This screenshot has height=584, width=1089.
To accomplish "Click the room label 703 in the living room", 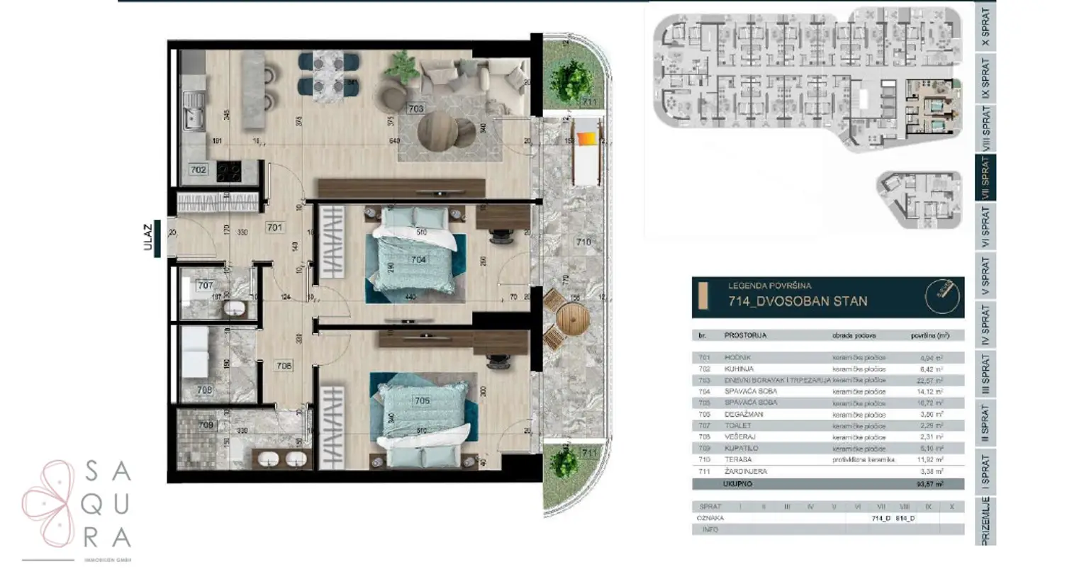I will click(415, 108).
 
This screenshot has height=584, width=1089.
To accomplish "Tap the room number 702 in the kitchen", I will click(199, 170).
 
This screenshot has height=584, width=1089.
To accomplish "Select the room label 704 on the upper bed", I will click(418, 259).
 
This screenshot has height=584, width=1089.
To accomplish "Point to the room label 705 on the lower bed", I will click(422, 400).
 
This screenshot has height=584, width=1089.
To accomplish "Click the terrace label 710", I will click(583, 242).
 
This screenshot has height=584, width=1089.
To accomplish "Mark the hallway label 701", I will click(274, 228).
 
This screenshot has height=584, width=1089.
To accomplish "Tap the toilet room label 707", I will click(205, 286).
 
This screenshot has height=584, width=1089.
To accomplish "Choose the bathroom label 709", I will click(205, 425).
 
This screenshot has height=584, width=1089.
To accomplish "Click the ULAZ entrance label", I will click(148, 237).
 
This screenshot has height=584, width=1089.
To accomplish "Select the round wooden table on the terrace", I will click(572, 320).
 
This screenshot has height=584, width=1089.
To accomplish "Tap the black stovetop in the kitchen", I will click(228, 170).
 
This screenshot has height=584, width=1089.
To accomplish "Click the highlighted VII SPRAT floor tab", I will click(985, 178).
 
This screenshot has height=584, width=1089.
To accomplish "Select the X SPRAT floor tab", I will click(985, 27).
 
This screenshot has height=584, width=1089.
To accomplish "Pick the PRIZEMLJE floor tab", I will click(985, 521).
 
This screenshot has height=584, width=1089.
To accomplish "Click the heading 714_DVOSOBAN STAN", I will click(798, 301).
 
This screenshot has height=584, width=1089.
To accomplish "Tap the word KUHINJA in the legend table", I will click(739, 369).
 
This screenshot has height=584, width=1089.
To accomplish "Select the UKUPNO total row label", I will click(737, 484).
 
